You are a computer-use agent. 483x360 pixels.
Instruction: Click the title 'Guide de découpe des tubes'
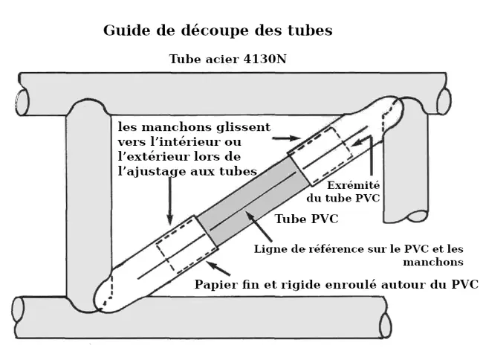(x=217, y=31)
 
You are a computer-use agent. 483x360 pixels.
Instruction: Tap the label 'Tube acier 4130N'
(x=227, y=60)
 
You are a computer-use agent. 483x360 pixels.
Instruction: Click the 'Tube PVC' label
(x=306, y=219)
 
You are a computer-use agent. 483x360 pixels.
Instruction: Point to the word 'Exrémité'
(x=354, y=184)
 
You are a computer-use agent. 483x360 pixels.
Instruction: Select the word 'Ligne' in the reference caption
(x=272, y=248)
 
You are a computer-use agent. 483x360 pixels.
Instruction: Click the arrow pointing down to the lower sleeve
(x=171, y=201)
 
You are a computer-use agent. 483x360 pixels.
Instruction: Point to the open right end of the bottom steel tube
(x=385, y=324)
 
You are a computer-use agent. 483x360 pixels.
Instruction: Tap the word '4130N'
(x=261, y=60)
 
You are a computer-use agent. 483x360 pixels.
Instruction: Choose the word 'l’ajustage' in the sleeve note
(x=149, y=170)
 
